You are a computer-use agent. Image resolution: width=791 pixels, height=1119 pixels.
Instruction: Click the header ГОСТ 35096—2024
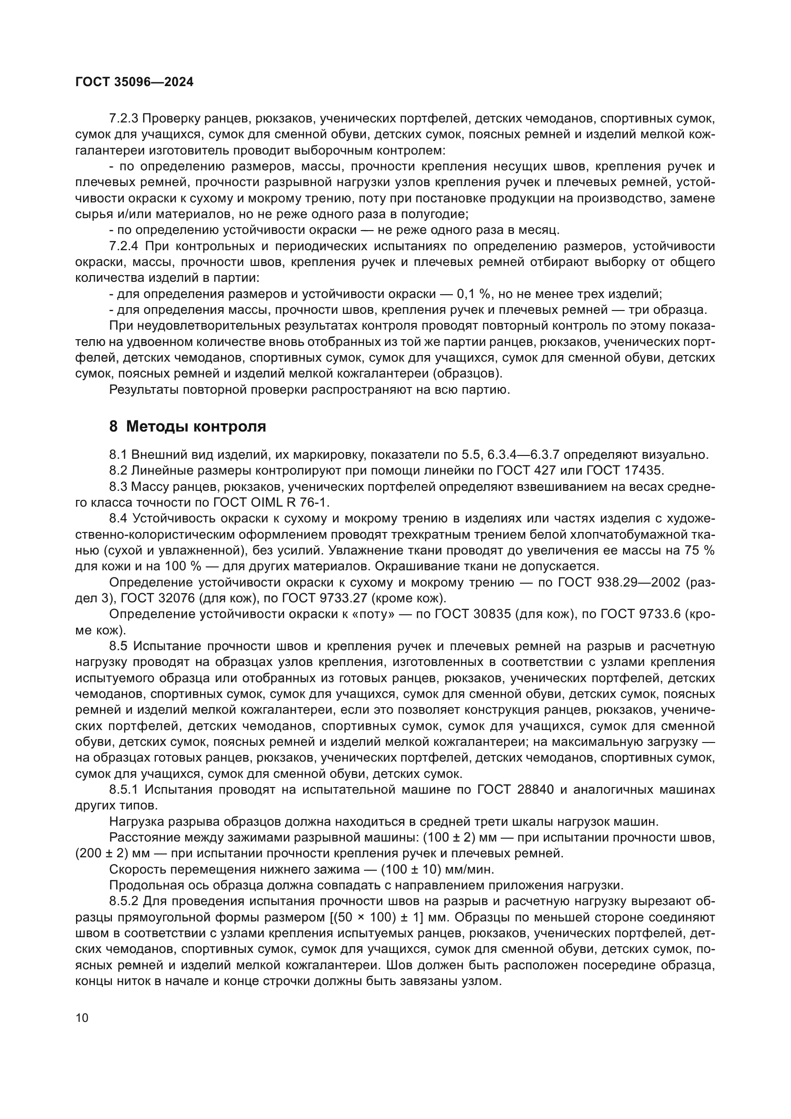pyautogui.click(x=134, y=82)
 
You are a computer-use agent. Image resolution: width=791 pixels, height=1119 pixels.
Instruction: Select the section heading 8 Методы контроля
pyautogui.click(x=187, y=426)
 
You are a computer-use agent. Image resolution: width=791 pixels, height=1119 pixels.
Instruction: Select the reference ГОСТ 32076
pyautogui.click(x=161, y=598)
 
